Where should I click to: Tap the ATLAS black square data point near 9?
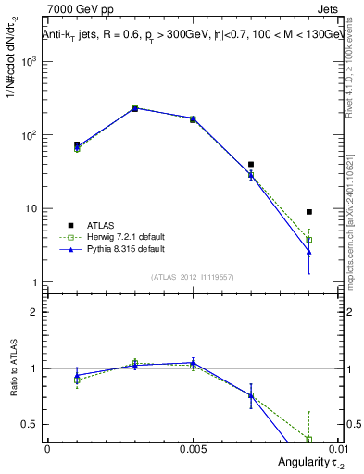coord(309,212)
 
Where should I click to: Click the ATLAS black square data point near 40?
coord(251,164)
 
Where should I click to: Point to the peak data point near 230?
coord(135,108)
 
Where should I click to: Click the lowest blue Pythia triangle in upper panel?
coord(309,252)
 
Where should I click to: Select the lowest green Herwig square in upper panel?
coord(309,240)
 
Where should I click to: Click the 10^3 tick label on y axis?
coord(30,61)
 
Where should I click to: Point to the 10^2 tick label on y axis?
coord(30,135)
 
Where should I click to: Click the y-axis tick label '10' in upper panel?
coord(31,208)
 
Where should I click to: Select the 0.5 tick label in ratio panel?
coord(32,424)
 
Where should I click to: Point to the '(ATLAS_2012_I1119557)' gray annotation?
coord(193,277)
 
